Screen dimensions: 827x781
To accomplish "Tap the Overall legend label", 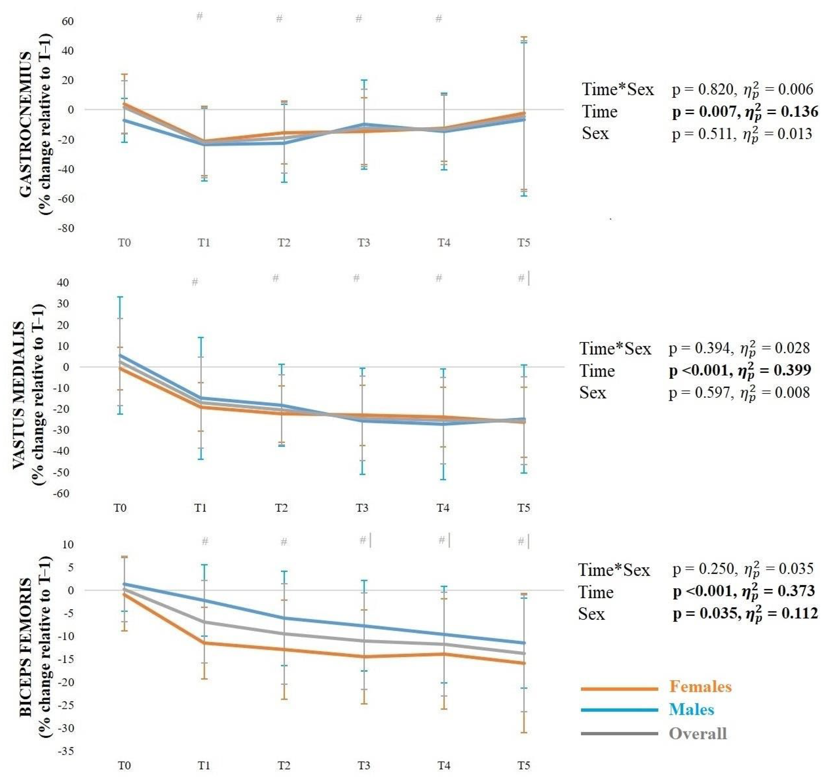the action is tap(698, 733).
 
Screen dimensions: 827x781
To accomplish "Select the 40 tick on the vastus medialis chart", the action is tap(63, 283).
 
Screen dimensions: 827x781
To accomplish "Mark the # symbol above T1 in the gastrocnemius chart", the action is tap(200, 16).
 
